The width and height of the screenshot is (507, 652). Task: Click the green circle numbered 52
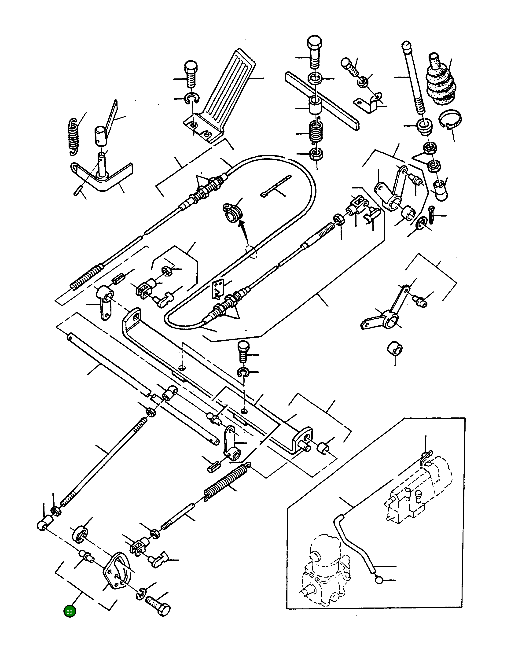(70, 612)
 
